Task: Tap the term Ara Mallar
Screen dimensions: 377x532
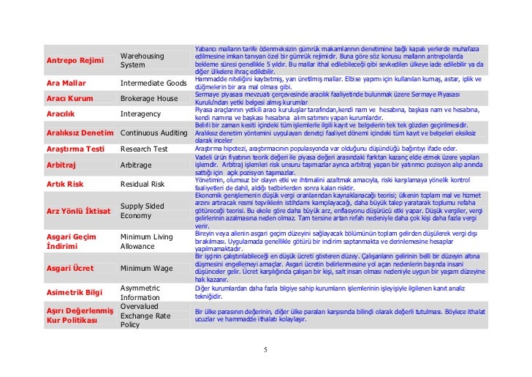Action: pos(66,83)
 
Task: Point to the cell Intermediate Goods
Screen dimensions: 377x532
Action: pos(153,83)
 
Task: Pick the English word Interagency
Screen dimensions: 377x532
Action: pos(140,113)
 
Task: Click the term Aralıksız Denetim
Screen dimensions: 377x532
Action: pos(80,133)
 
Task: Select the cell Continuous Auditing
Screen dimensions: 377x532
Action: pos(154,133)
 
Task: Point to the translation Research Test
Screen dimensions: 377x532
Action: pos(144,149)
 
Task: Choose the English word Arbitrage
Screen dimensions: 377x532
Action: pos(136,165)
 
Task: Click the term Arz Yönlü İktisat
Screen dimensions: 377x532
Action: pos(78,212)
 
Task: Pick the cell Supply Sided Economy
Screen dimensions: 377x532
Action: pos(142,211)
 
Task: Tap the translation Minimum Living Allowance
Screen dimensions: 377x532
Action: pos(146,242)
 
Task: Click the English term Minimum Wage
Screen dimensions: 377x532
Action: pos(145,269)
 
